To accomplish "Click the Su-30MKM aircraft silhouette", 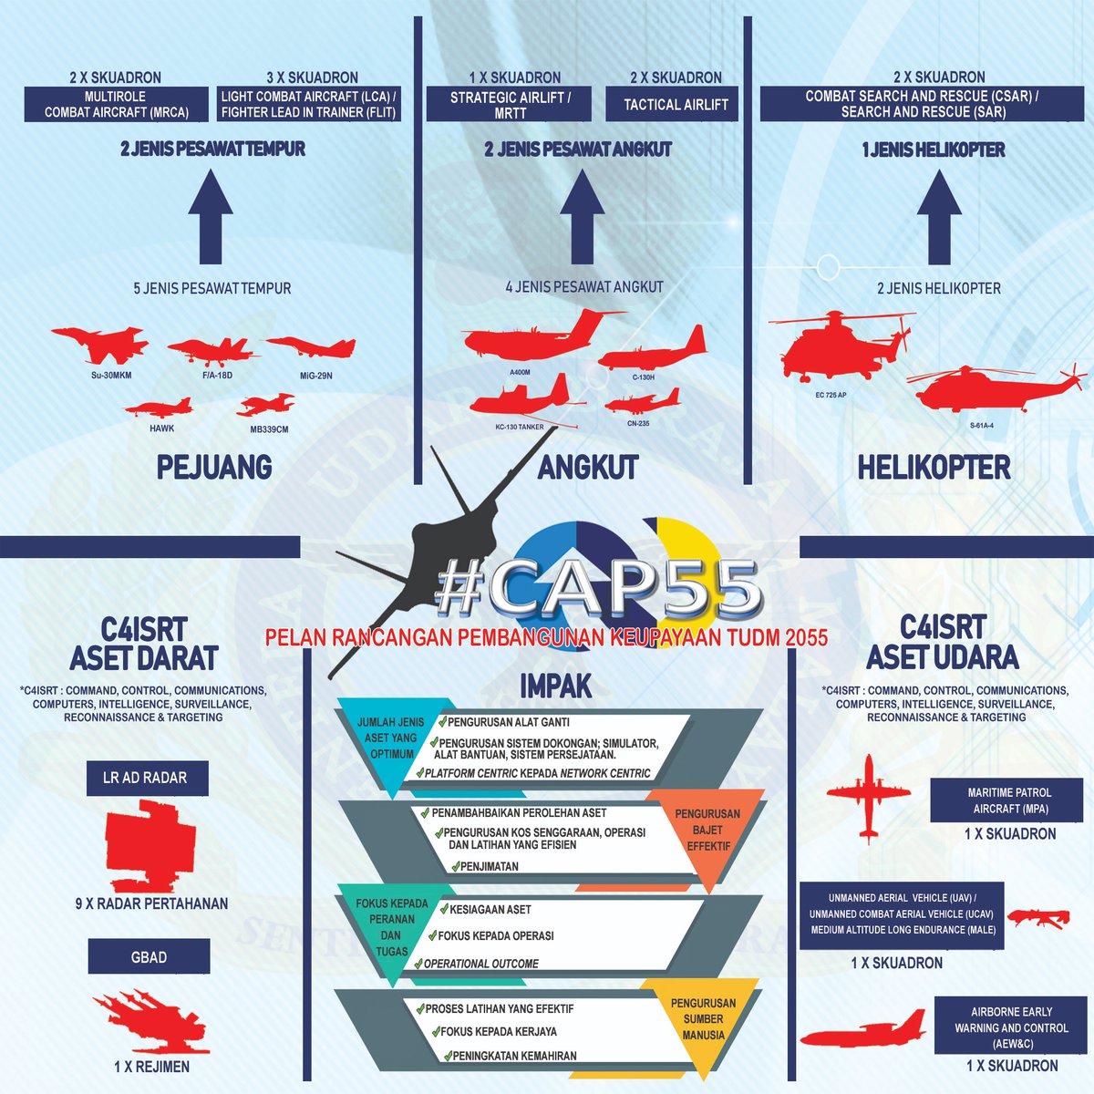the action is click(x=100, y=345).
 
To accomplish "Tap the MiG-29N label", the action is click(x=316, y=376).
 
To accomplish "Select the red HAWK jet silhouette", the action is click(x=159, y=408).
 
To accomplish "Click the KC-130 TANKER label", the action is click(x=520, y=427).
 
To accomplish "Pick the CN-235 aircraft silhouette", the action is click(x=642, y=401).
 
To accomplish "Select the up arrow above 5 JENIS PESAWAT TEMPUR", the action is click(x=211, y=216).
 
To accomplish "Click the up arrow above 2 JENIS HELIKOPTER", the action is click(x=939, y=216).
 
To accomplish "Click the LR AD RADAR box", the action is click(x=147, y=778).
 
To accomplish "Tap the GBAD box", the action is click(x=149, y=956).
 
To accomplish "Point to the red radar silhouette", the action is click(x=150, y=845).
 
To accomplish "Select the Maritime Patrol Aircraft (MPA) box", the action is click(x=1006, y=800).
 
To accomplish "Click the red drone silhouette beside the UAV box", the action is click(x=1038, y=918).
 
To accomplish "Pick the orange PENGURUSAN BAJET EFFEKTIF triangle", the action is click(x=707, y=841).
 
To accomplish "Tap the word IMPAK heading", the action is click(x=555, y=686).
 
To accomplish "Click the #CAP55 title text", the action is click(x=598, y=588).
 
